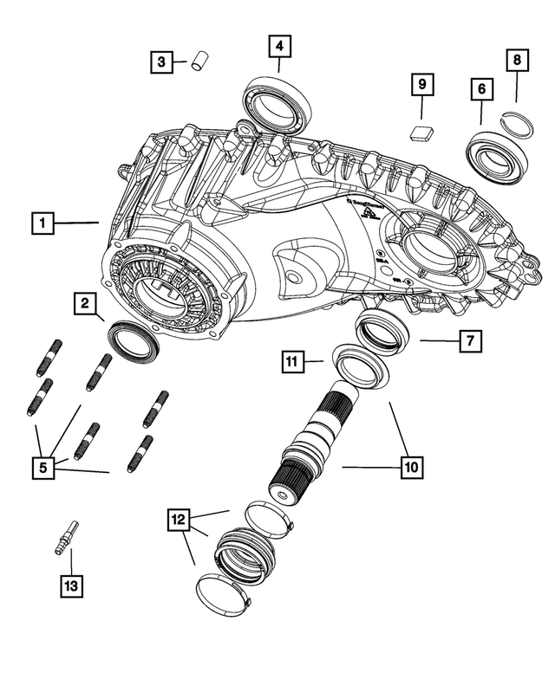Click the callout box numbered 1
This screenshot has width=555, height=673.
[x=42, y=223]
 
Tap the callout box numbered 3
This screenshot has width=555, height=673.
[x=160, y=61]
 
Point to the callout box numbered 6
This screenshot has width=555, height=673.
[x=481, y=89]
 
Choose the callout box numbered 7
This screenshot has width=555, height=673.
[x=469, y=341]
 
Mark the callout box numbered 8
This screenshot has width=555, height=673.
[x=518, y=60]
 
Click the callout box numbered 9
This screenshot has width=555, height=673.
[x=421, y=85]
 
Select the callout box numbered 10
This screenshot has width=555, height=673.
[x=411, y=468]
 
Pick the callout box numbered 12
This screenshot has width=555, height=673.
[x=180, y=520]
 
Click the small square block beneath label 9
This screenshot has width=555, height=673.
[x=421, y=132]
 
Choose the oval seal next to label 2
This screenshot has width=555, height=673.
[x=133, y=340]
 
